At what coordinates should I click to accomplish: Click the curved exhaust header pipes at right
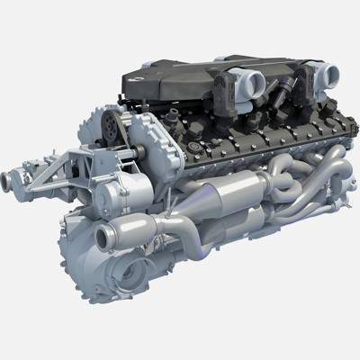306,180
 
